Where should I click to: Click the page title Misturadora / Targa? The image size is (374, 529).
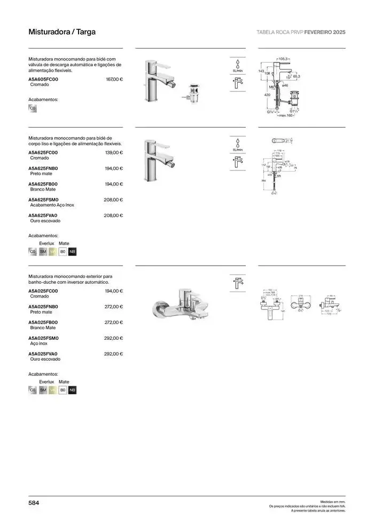click(x=62, y=32)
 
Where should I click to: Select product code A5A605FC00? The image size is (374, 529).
click(x=43, y=79)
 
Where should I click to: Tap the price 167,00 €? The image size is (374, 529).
click(x=114, y=79)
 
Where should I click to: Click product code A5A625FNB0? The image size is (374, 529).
click(x=43, y=168)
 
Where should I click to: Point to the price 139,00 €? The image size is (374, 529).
click(x=114, y=153)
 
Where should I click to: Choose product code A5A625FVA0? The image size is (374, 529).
click(x=43, y=215)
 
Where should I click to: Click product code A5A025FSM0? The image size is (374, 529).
click(x=43, y=338)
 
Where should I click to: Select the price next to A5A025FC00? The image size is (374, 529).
click(x=114, y=291)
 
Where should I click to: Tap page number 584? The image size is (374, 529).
click(x=34, y=503)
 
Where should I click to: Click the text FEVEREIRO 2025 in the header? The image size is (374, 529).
click(x=329, y=32)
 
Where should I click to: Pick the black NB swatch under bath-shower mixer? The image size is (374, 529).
click(x=73, y=391)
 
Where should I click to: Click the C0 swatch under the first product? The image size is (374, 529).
click(x=33, y=108)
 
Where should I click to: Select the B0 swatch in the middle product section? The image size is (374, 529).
click(x=63, y=251)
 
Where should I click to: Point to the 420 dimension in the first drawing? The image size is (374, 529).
click(x=267, y=95)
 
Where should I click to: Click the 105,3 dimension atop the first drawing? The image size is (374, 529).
click(x=283, y=58)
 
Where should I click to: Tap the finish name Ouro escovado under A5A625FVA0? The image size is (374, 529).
click(x=45, y=221)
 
